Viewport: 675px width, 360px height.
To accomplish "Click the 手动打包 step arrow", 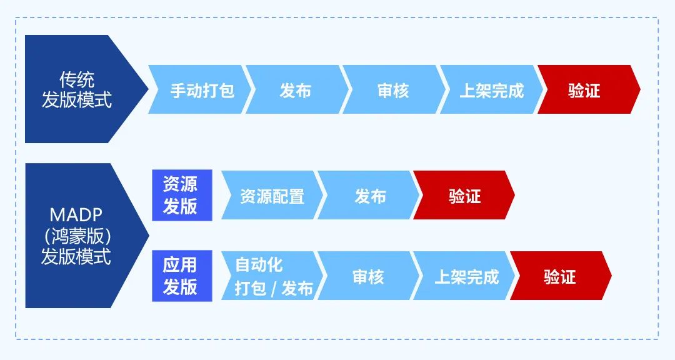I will [x=201, y=91].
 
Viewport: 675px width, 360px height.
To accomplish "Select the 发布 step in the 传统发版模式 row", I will [x=295, y=91].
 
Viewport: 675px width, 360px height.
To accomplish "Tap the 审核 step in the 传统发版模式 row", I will [x=392, y=91].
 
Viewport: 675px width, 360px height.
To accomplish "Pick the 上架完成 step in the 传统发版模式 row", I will [x=491, y=91].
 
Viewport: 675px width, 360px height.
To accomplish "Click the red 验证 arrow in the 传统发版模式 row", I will [x=585, y=91].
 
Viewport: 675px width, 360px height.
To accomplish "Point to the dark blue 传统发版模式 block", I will [x=77, y=89].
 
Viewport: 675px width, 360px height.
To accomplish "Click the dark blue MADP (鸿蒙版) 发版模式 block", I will [x=77, y=236].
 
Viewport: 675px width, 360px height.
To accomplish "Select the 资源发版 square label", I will [x=181, y=195].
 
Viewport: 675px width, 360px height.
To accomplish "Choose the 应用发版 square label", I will [x=181, y=276].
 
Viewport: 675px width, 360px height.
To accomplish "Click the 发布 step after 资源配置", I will [x=370, y=196].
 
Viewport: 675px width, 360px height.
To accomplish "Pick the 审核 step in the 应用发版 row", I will [x=369, y=277].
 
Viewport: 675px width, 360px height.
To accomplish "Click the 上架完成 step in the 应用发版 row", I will [x=466, y=277].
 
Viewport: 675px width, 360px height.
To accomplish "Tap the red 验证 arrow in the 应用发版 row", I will [x=559, y=277].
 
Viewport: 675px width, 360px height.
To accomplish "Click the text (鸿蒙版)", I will [x=76, y=236].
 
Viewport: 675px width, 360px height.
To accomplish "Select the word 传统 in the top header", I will [x=76, y=79].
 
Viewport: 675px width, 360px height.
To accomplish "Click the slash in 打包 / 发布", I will [x=273, y=289].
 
